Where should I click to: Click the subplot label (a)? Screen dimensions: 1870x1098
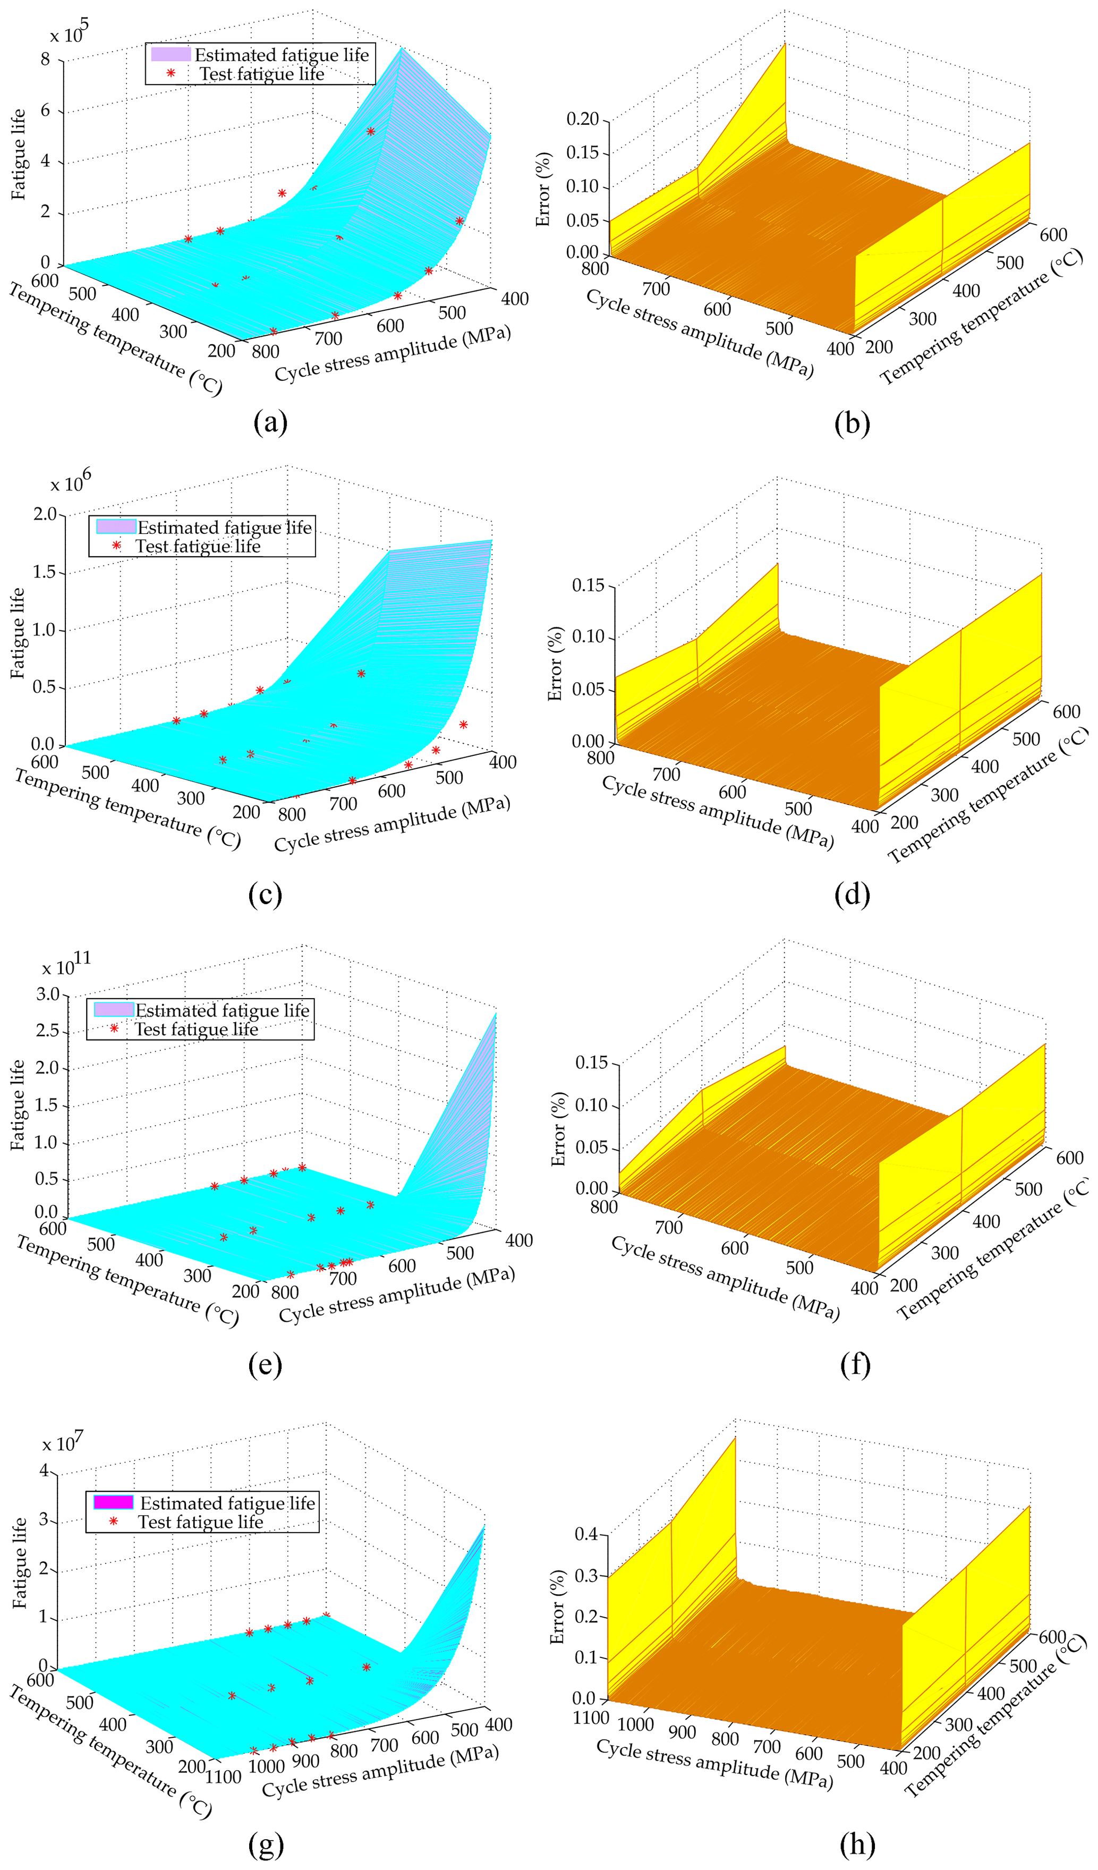[270, 422]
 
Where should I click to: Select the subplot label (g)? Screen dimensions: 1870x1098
[266, 1842]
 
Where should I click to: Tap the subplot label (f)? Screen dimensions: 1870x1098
[855, 1364]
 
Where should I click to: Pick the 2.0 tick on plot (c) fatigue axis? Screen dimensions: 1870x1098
[45, 514]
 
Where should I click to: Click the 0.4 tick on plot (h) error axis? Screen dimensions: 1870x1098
[586, 1534]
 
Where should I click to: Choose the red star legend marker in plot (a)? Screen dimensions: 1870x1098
[171, 73]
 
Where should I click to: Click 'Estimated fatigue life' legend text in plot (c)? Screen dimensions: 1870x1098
[224, 528]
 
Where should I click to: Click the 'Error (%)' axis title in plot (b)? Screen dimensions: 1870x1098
[544, 189]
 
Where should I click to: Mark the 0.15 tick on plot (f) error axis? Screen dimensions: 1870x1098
[591, 1062]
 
